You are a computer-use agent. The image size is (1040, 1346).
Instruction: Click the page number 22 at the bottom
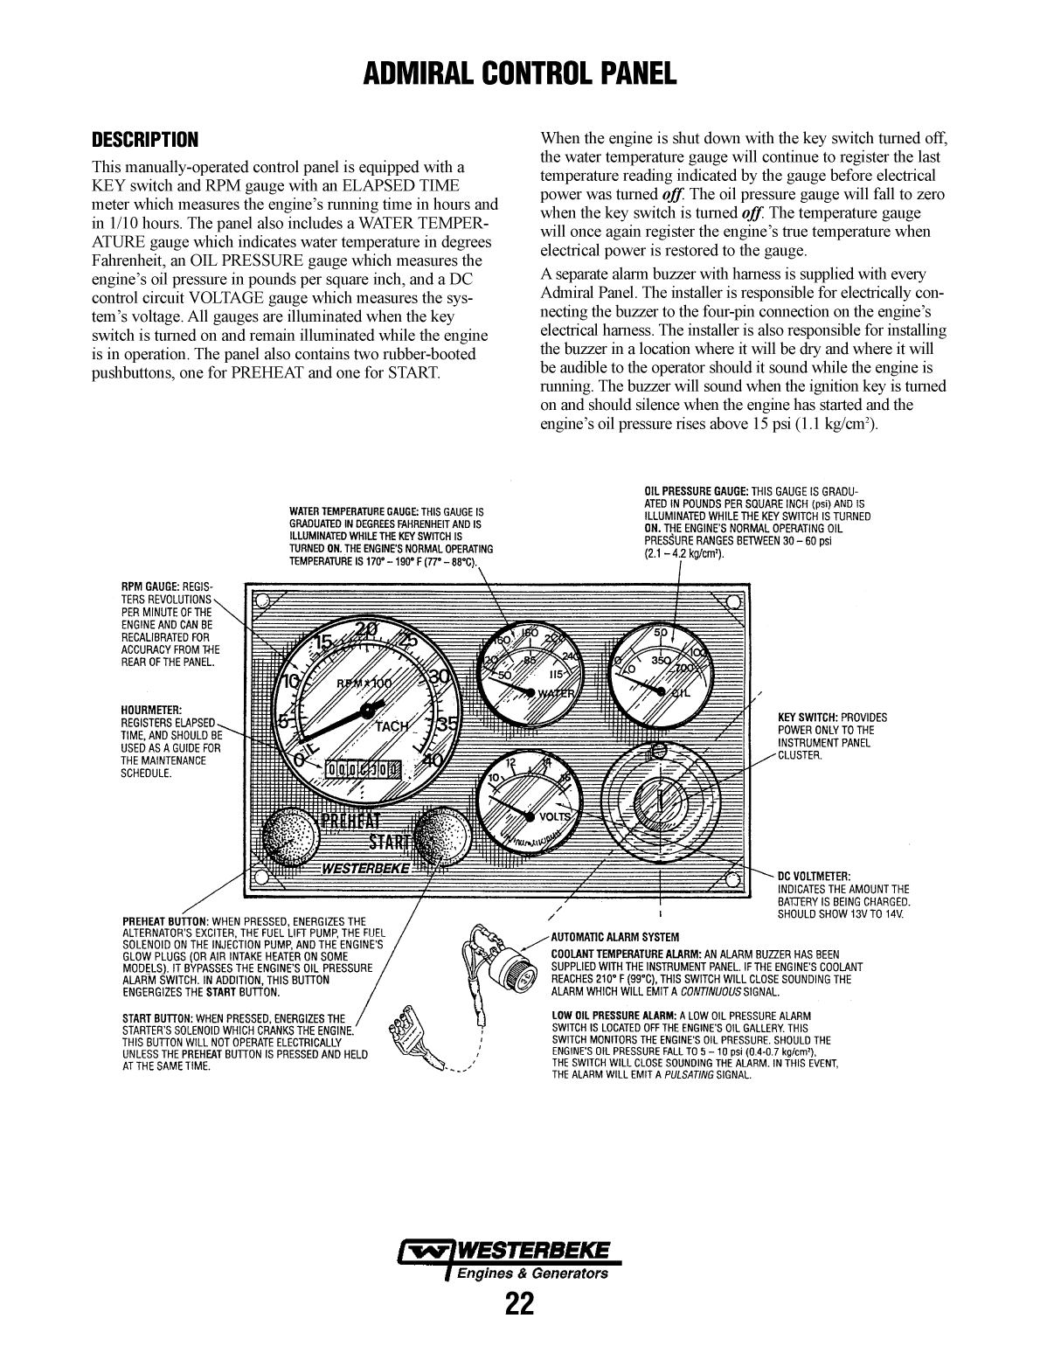point(519,1304)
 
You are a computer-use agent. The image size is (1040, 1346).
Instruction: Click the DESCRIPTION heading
point(146,140)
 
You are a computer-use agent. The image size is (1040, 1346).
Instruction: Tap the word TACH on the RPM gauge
point(392,727)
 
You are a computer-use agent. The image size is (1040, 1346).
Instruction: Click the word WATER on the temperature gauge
point(556,694)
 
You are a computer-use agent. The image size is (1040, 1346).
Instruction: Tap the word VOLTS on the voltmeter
point(555,817)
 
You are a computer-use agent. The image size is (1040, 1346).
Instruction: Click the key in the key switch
point(662,797)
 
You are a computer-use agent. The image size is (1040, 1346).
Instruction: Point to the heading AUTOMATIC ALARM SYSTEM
point(614,937)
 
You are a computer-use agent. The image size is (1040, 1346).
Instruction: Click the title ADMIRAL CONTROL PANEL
point(520,73)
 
